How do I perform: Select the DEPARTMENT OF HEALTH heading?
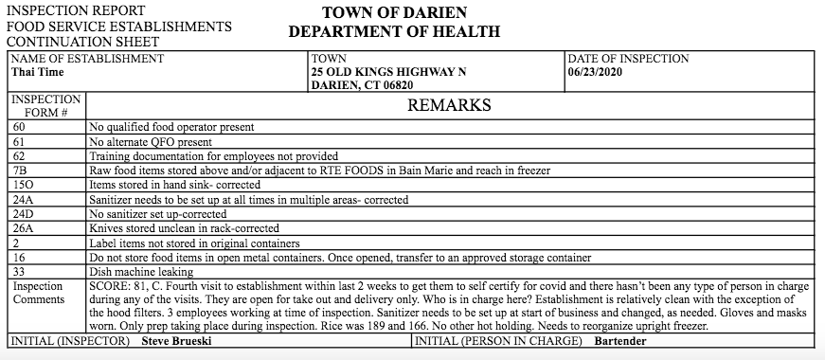394,31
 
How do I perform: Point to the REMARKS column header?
449,104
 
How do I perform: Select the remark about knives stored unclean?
184,228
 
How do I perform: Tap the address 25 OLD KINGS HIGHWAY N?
388,72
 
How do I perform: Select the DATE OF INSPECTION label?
629,59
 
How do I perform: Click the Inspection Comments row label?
38,293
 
